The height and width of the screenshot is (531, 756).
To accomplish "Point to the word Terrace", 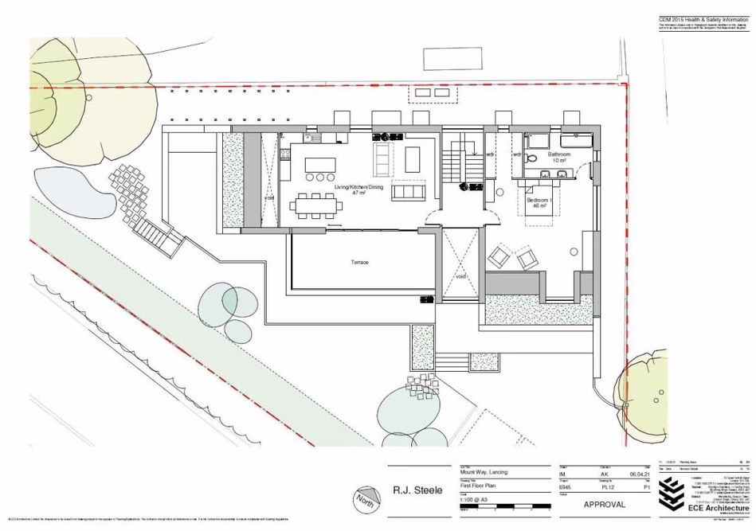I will (x=359, y=262).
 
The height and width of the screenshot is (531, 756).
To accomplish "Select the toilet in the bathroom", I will (x=530, y=158).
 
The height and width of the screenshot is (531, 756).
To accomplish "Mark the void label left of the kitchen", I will (x=270, y=177).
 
